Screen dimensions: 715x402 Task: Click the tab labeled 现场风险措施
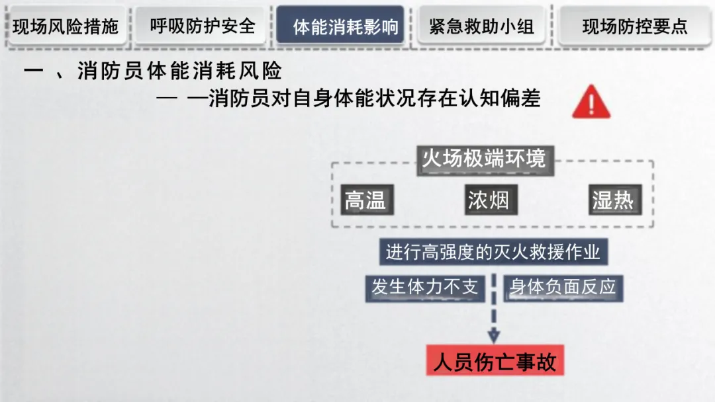pyautogui.click(x=66, y=26)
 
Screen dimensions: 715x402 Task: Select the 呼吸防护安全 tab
pyautogui.click(x=203, y=26)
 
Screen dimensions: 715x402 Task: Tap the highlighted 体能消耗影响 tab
pyautogui.click(x=340, y=26)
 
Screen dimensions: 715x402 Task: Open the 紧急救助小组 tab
pyautogui.click(x=481, y=26)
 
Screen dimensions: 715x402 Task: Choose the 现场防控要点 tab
pyautogui.click(x=634, y=26)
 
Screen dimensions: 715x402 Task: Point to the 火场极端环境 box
pyautogui.click(x=484, y=159)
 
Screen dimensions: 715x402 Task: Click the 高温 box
pyautogui.click(x=365, y=200)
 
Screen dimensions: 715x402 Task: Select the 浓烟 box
pyautogui.click(x=489, y=200)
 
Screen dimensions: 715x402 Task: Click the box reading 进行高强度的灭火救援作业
pyautogui.click(x=493, y=252)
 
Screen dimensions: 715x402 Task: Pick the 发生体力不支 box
pyautogui.click(x=424, y=287)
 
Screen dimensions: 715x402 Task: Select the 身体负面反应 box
pyautogui.click(x=563, y=287)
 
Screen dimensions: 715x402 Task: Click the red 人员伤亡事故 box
pyautogui.click(x=495, y=362)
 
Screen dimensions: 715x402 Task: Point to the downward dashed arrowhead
pyautogui.click(x=494, y=335)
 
